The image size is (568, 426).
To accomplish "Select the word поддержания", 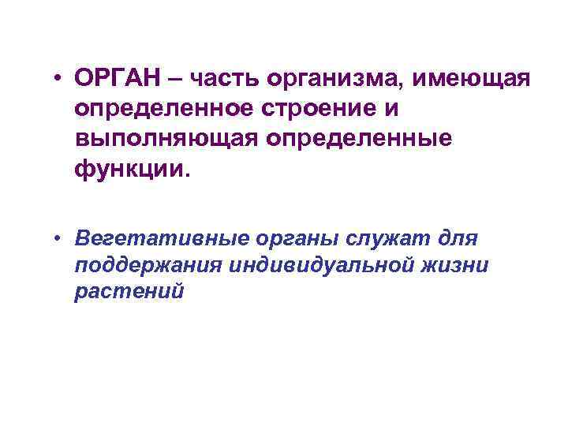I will tap(148, 266).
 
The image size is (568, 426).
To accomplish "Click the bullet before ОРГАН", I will tap(59, 80).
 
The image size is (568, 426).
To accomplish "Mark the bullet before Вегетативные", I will tap(59, 237).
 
